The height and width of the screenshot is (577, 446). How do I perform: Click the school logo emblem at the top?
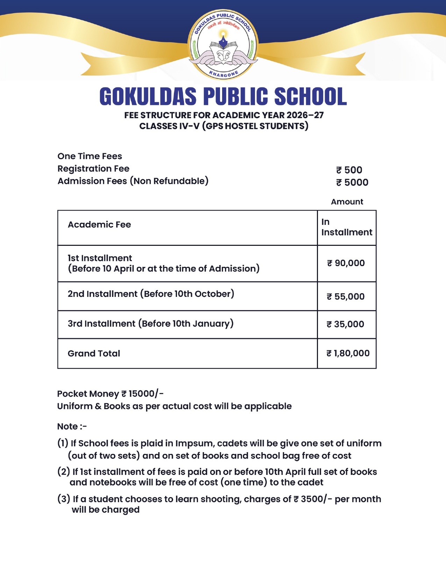(223, 44)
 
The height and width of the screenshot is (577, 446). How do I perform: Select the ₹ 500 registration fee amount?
(349, 170)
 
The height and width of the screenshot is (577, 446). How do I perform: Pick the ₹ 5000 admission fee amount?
(352, 182)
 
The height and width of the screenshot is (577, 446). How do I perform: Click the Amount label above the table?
(347, 202)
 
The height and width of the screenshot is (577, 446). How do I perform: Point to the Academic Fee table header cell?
(99, 225)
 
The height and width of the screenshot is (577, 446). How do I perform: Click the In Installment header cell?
(346, 227)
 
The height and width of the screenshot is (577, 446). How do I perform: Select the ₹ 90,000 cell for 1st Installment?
(346, 263)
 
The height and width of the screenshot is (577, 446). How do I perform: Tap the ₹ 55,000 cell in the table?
(346, 297)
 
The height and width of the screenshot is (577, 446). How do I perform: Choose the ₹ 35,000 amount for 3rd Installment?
(345, 324)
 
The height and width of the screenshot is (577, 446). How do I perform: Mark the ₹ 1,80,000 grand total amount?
(348, 353)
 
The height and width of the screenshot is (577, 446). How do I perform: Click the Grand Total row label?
(94, 354)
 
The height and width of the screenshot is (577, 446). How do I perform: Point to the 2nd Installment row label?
(151, 294)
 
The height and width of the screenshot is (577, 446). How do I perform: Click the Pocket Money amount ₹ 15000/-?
(142, 394)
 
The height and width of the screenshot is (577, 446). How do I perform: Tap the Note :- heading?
(72, 427)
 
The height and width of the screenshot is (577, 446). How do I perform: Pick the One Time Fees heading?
(90, 156)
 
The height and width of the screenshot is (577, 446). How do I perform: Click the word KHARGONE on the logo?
(224, 74)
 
